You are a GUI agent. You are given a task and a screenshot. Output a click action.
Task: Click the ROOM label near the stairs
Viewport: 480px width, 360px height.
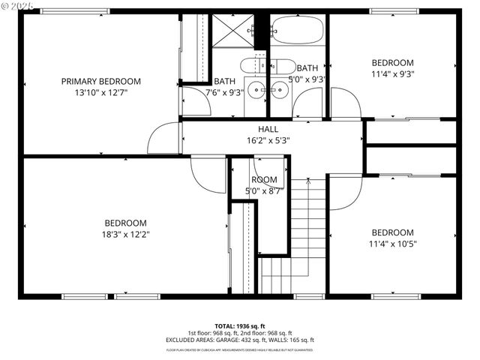pyautogui.click(x=264, y=180)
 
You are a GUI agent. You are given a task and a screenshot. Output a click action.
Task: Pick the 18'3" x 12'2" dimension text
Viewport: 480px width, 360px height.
pyautogui.click(x=125, y=234)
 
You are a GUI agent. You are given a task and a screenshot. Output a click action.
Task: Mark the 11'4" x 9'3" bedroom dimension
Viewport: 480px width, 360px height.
pyautogui.click(x=392, y=73)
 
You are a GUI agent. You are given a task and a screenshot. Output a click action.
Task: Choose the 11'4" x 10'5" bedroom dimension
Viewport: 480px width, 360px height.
pyautogui.click(x=392, y=244)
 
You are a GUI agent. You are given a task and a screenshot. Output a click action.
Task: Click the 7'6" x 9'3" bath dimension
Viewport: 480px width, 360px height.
pyautogui.click(x=224, y=92)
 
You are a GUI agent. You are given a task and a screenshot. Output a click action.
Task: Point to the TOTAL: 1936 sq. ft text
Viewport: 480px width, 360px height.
pyautogui.click(x=239, y=326)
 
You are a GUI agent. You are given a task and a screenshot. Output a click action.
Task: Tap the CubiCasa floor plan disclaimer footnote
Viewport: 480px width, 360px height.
pyautogui.click(x=239, y=349)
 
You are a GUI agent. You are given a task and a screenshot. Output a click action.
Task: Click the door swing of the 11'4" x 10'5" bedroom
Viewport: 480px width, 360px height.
pyautogui.click(x=344, y=192)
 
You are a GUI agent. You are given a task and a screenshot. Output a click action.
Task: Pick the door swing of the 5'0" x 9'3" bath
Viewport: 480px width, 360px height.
pyautogui.click(x=307, y=103)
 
